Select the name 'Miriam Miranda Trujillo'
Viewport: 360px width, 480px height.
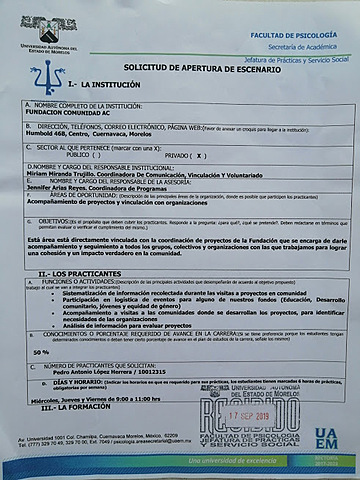[x=69, y=175]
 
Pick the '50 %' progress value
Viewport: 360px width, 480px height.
[x=41, y=352]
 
